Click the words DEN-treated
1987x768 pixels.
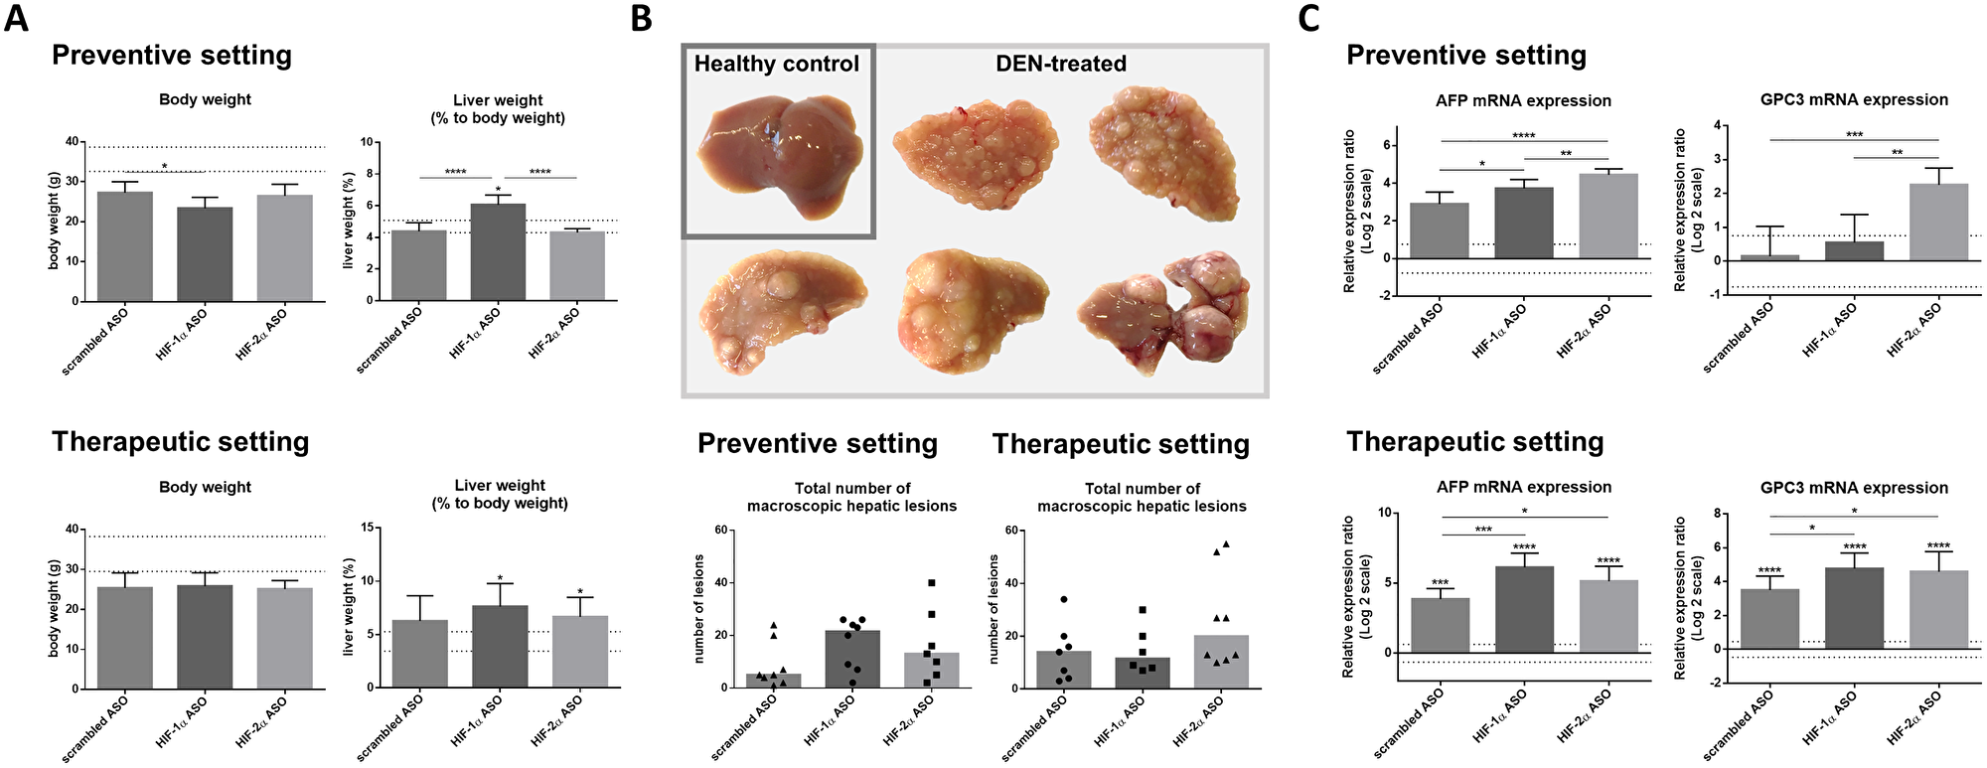click(x=1060, y=64)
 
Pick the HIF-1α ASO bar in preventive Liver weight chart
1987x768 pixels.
click(x=498, y=252)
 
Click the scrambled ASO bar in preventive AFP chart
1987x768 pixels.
click(x=1439, y=230)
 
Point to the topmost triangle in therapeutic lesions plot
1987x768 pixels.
click(x=1226, y=543)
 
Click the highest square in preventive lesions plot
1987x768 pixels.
click(x=932, y=583)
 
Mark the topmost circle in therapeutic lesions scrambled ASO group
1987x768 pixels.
click(x=1063, y=599)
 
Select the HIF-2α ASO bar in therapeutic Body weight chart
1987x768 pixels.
click(x=284, y=638)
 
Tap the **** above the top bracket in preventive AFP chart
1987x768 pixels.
click(x=1523, y=136)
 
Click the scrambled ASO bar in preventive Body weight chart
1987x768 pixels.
click(x=125, y=246)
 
